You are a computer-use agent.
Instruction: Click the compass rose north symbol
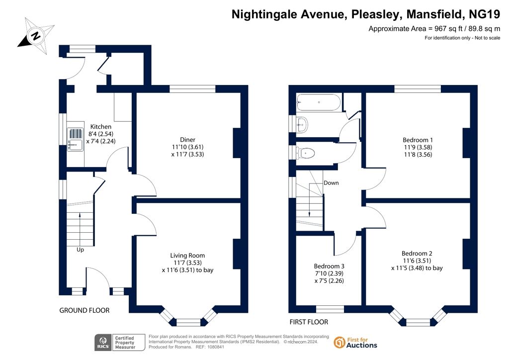[x=36, y=36]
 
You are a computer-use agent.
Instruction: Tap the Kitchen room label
[x=100, y=127]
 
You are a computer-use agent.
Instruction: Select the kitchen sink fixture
[x=76, y=139]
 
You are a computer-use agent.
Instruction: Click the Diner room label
[x=187, y=140]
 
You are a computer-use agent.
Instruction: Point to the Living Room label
[x=187, y=256]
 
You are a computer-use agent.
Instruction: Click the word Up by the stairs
[x=80, y=250]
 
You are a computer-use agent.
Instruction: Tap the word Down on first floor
[x=331, y=183]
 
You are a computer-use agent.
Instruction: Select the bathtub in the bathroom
[x=319, y=102]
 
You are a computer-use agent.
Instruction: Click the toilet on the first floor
[x=306, y=153]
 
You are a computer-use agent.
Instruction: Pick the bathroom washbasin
[x=302, y=124]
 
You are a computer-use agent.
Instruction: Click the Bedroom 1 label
[x=418, y=140]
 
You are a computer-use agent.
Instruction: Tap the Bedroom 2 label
[x=417, y=253]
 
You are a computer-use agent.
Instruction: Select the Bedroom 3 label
[x=329, y=266]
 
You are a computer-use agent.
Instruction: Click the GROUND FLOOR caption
[x=85, y=310]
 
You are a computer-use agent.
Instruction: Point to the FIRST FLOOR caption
[x=309, y=322]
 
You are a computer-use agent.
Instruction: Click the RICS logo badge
[x=119, y=343]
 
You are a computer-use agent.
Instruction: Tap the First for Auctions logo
[x=355, y=343]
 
